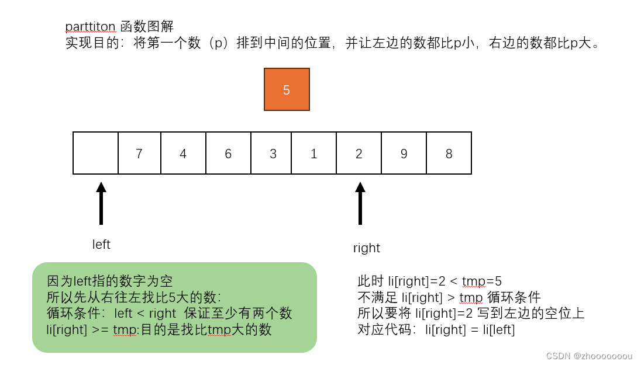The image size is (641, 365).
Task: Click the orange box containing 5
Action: click(x=287, y=89)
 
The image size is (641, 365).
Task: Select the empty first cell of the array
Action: click(x=95, y=153)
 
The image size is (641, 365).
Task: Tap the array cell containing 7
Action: click(x=139, y=153)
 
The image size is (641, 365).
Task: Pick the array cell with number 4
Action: click(x=183, y=153)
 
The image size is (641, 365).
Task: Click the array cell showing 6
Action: click(x=228, y=153)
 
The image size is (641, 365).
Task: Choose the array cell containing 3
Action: click(x=273, y=153)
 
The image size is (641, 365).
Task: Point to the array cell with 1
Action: click(x=314, y=153)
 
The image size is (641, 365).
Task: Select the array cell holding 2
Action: click(x=359, y=153)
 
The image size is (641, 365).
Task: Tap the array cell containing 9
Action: click(x=404, y=153)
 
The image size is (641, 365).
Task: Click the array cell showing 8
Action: click(x=449, y=153)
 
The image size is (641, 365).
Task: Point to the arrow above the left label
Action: click(x=101, y=203)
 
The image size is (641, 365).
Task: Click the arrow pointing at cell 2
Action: click(x=360, y=203)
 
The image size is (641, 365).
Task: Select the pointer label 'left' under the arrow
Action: click(x=101, y=245)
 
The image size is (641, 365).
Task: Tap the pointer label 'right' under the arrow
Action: click(x=367, y=248)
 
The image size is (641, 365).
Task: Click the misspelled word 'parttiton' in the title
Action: click(x=91, y=26)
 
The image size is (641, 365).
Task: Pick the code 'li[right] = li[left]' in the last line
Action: click(x=470, y=329)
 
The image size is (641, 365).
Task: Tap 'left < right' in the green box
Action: click(x=146, y=313)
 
